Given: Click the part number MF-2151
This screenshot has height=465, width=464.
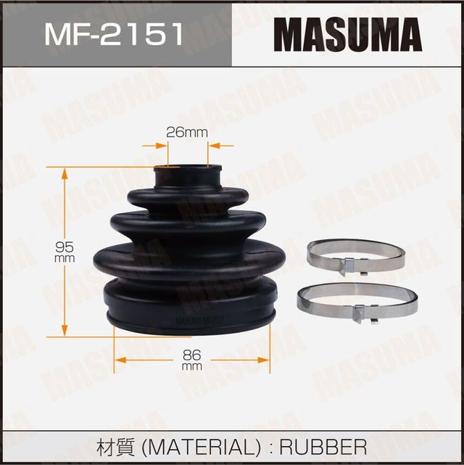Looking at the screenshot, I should [x=115, y=34].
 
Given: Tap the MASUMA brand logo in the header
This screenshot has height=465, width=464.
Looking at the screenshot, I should [x=348, y=34].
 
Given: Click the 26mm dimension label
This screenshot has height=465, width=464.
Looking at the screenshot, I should [x=187, y=132].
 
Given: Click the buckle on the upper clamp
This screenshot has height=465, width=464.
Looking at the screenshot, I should [x=348, y=266].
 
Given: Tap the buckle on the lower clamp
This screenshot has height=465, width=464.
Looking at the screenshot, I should [x=361, y=313].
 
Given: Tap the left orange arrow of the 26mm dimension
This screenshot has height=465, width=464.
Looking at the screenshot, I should [x=156, y=145].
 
